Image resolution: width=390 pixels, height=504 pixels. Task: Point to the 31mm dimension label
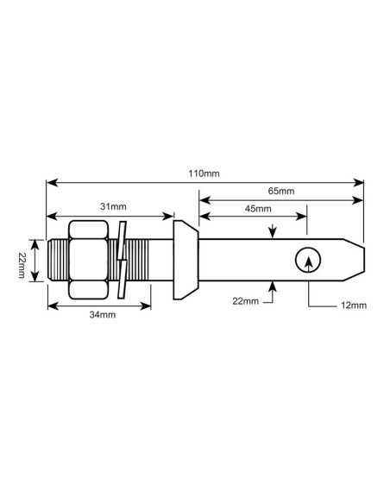pyautogui.click(x=113, y=207)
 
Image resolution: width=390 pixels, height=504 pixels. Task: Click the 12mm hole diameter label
pyautogui.click(x=353, y=306)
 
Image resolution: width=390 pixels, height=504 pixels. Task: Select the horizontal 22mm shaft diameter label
pyautogui.click(x=245, y=300)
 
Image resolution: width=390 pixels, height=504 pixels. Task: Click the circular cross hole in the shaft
pyautogui.click(x=306, y=260)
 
